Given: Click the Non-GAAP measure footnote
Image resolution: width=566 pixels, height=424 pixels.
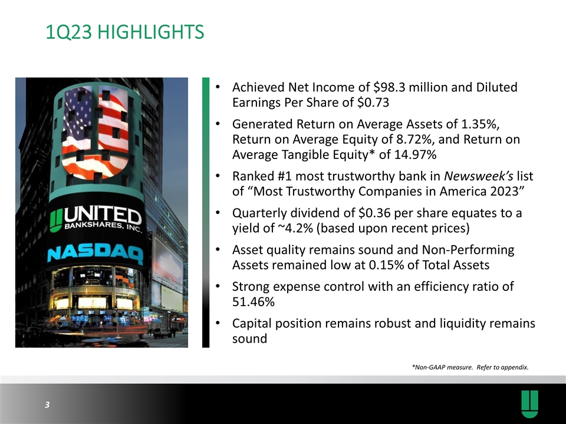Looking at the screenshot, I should point(470,367).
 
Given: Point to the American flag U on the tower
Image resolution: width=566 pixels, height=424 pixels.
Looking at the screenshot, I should point(95,132).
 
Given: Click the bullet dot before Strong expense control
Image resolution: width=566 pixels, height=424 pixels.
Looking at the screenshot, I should point(218,287).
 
